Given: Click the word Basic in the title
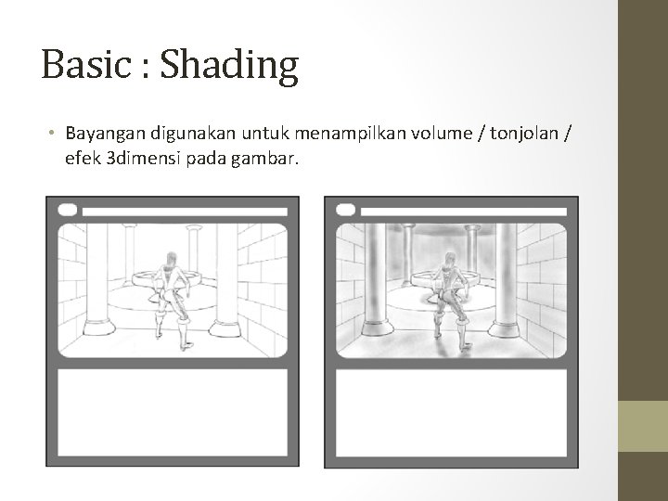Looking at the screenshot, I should pyautogui.click(x=86, y=65).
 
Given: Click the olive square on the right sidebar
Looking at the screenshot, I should pyautogui.click(x=643, y=426).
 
